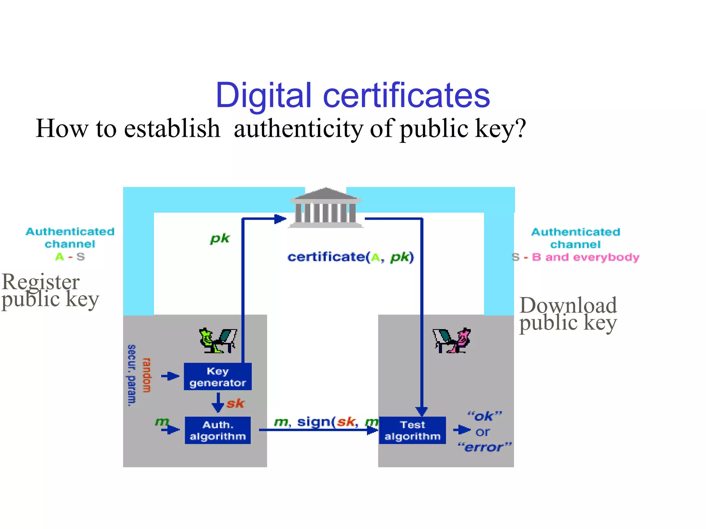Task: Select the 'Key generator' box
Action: point(218,376)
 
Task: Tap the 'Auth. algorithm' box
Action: point(218,430)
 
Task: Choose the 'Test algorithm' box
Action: point(412,430)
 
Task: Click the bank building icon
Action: point(326,207)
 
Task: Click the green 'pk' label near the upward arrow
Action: point(220,238)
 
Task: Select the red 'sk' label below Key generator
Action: point(235,403)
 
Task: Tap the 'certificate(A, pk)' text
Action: point(350,257)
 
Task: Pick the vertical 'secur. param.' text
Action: point(132,375)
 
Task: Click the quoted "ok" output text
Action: point(484,416)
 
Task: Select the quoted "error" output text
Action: point(484,447)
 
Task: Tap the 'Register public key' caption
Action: point(50,290)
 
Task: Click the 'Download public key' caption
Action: point(568,314)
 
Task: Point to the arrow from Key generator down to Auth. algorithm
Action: point(218,402)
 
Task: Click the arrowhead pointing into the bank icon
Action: point(280,219)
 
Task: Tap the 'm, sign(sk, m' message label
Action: point(326,422)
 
